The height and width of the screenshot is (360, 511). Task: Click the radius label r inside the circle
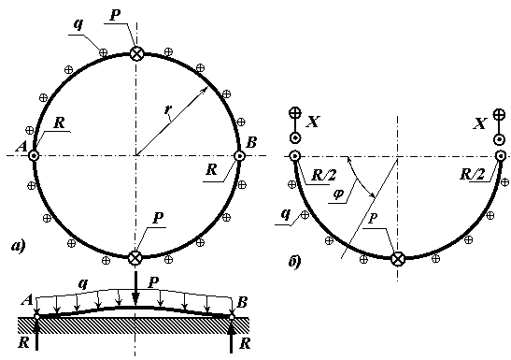pyautogui.click(x=168, y=110)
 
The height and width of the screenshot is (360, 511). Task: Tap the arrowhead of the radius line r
pyautogui.click(x=206, y=90)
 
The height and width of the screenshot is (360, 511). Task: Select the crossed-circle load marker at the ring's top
pyautogui.click(x=136, y=54)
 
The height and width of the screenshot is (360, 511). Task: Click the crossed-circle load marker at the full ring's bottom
pyautogui.click(x=135, y=257)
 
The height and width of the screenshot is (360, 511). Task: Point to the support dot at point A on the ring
pyautogui.click(x=34, y=155)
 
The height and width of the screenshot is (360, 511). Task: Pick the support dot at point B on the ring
pyautogui.click(x=239, y=155)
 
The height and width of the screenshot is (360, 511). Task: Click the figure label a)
pyautogui.click(x=18, y=246)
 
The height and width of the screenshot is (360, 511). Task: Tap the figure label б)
pyautogui.click(x=294, y=261)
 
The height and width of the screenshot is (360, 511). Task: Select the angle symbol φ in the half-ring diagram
pyautogui.click(x=338, y=194)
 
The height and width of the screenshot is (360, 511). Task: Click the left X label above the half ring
pyautogui.click(x=313, y=122)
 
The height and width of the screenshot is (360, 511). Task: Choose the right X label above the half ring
pyautogui.click(x=480, y=124)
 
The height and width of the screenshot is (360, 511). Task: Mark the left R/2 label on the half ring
pyautogui.click(x=323, y=175)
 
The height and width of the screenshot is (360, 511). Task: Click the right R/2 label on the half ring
pyautogui.click(x=472, y=175)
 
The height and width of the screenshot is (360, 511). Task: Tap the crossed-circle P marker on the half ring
pyautogui.click(x=398, y=259)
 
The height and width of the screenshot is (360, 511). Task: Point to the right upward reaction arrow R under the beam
pyautogui.click(x=232, y=335)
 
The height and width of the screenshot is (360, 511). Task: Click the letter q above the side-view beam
pyautogui.click(x=84, y=283)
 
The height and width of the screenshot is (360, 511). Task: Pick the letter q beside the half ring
pyautogui.click(x=286, y=214)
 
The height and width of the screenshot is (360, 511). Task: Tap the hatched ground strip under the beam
pyautogui.click(x=134, y=325)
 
